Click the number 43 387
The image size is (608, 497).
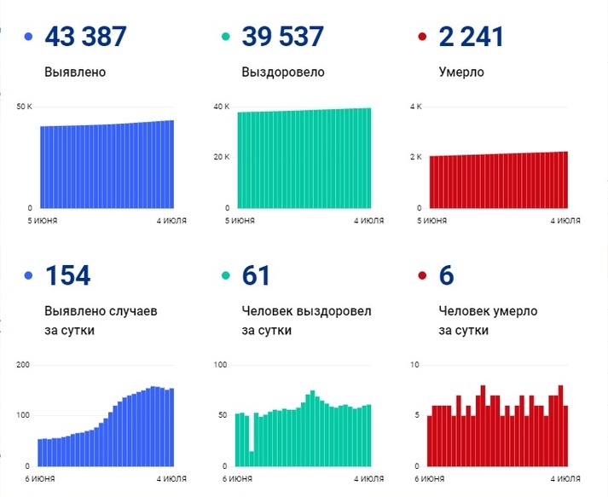(85, 37)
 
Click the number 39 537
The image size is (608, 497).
(282, 37)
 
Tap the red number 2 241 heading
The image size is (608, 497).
(471, 37)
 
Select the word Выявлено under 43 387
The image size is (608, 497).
(75, 72)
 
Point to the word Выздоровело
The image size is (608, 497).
(283, 72)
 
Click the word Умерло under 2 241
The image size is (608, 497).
(460, 72)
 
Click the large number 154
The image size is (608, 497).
(67, 275)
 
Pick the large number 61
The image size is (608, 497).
(256, 275)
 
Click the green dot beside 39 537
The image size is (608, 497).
(227, 38)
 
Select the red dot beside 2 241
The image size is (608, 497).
(423, 38)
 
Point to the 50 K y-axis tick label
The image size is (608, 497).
(24, 107)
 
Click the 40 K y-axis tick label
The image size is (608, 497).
(222, 107)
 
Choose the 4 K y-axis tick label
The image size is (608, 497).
(417, 107)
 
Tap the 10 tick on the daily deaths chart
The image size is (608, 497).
(416, 365)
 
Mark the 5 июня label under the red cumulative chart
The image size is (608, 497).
(432, 221)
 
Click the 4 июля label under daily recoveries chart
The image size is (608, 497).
(368, 479)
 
